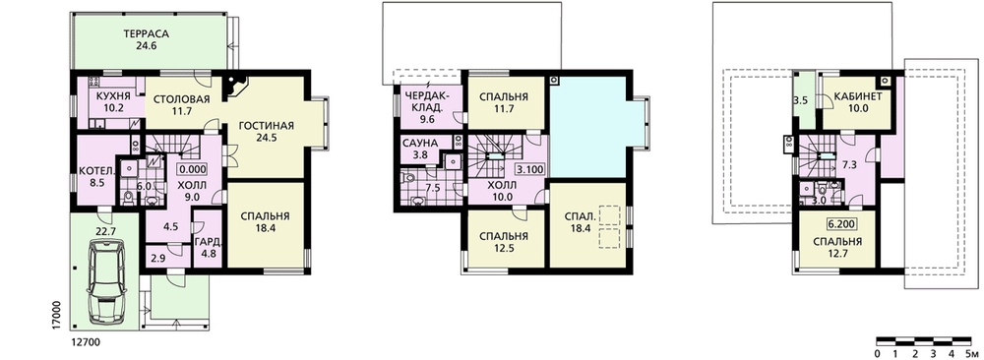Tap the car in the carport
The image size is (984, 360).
point(106,283)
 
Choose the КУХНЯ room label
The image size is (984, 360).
point(113,96)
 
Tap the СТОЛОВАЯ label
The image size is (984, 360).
point(181,98)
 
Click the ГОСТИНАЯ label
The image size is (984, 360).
point(266,125)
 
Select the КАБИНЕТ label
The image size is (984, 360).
point(858,96)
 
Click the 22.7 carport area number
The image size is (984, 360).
point(105,231)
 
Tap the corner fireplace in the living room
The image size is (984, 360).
point(237,86)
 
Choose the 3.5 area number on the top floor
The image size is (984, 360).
point(800,100)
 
